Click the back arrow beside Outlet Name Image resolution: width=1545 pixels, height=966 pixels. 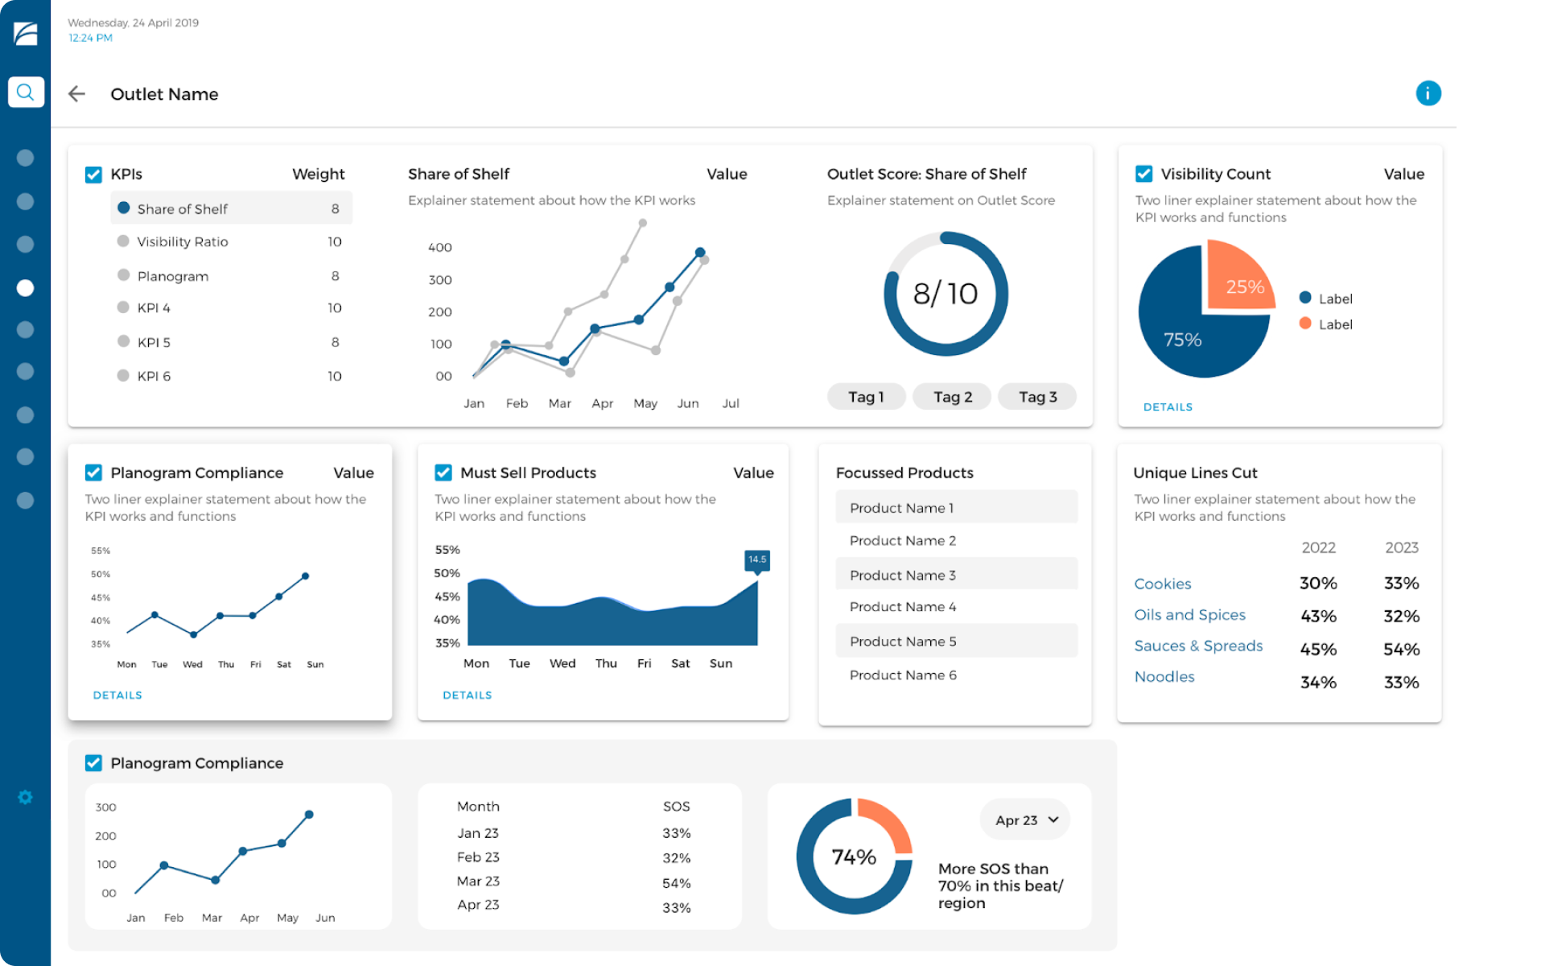point(76,94)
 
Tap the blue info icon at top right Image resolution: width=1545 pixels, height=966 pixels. point(1428,93)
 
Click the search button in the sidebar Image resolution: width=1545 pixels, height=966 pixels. point(26,92)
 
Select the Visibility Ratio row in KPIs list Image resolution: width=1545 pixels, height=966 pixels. point(183,242)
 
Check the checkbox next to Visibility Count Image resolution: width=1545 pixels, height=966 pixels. point(1143,174)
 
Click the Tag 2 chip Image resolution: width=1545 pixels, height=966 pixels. point(952,397)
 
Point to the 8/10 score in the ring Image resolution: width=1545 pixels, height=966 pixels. point(945,294)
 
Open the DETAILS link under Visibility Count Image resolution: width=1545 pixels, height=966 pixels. point(1168,407)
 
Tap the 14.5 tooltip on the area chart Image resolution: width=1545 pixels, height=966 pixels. point(756,559)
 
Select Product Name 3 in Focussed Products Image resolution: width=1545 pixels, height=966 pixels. point(903,575)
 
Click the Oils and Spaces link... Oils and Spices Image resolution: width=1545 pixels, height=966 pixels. point(1189,615)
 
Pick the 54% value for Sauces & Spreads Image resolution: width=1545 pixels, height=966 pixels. point(1401,649)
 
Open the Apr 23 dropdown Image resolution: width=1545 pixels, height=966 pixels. point(1025,820)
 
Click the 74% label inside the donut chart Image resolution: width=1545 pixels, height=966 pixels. point(854,857)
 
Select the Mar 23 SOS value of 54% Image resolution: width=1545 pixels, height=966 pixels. point(676,883)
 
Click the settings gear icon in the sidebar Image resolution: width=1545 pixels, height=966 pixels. point(26,797)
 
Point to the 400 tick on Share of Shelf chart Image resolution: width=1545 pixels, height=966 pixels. point(439,247)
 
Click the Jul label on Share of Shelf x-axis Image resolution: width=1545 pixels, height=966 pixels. point(730,403)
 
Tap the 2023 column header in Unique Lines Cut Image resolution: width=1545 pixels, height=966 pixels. point(1401,547)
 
